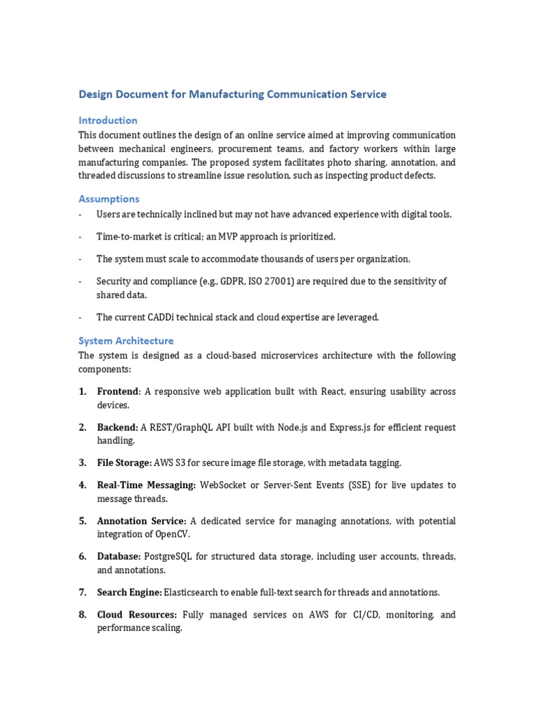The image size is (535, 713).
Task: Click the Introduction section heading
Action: (x=108, y=120)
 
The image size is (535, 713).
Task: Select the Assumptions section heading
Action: (x=109, y=198)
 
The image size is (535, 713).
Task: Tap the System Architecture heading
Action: (x=126, y=340)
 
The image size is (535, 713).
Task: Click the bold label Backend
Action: (x=117, y=427)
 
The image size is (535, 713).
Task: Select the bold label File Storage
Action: (x=124, y=462)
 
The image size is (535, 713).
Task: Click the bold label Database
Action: (x=118, y=556)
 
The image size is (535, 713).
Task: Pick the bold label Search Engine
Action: (x=129, y=592)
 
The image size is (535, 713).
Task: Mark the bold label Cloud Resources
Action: (x=137, y=615)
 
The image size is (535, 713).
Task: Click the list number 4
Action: (x=82, y=485)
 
